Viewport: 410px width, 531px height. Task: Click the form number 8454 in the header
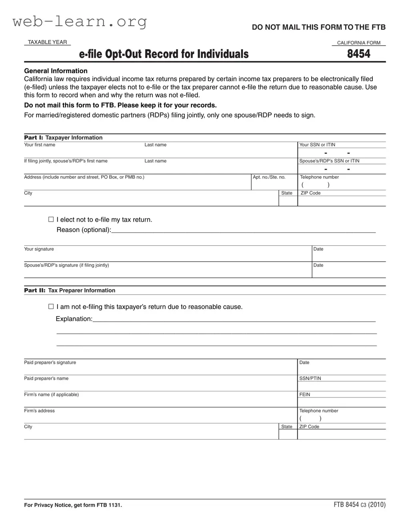tap(358, 54)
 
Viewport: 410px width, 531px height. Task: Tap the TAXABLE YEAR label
tap(47, 42)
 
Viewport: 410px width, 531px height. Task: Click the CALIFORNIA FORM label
tap(358, 43)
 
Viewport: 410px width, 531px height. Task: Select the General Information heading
tap(56, 71)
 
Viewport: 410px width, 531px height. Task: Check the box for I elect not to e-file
tap(51, 219)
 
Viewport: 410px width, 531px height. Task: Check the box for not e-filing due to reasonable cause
tap(51, 307)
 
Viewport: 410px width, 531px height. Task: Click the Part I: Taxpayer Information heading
tap(63, 138)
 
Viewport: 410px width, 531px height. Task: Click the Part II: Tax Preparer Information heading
tap(70, 291)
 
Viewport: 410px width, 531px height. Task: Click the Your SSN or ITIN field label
tap(317, 145)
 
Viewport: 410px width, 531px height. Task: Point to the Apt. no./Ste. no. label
tap(269, 177)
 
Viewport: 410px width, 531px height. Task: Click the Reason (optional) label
tap(84, 230)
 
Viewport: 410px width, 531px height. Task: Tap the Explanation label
tap(74, 319)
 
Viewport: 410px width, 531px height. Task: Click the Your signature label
tap(39, 249)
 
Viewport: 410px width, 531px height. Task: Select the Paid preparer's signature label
tap(50, 363)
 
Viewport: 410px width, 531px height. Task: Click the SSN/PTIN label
tap(310, 379)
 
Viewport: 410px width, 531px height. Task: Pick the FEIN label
tap(304, 395)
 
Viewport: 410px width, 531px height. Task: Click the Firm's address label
tap(39, 411)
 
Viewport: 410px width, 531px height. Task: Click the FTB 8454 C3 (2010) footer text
tap(359, 505)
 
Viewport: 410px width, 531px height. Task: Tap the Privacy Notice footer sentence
tap(73, 505)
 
